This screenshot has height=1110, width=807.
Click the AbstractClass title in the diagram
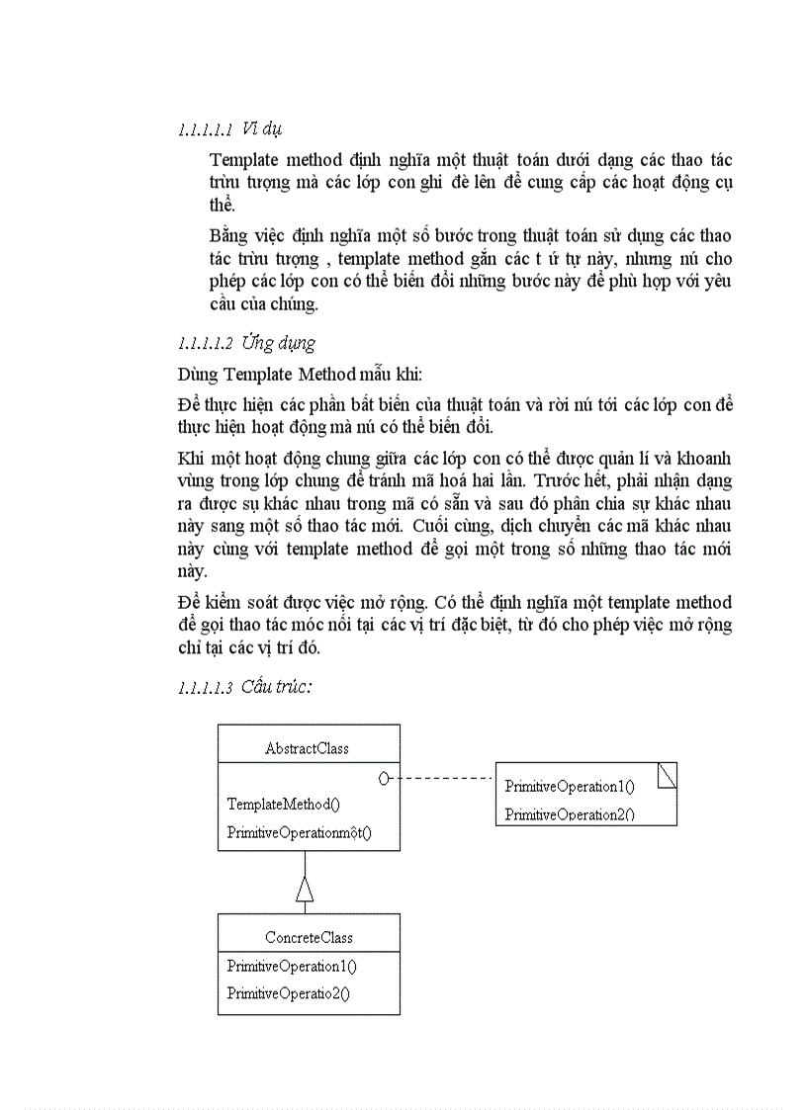pyautogui.click(x=307, y=748)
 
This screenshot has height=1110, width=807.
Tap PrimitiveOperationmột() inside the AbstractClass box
pyautogui.click(x=299, y=832)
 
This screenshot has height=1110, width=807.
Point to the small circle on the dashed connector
pyautogui.click(x=385, y=779)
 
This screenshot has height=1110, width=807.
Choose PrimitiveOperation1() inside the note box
pyautogui.click(x=570, y=787)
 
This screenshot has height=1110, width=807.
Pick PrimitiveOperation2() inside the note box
pyautogui.click(x=570, y=814)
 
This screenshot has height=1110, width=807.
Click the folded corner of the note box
pyautogui.click(x=668, y=776)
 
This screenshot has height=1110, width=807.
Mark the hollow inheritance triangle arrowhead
pyautogui.click(x=305, y=889)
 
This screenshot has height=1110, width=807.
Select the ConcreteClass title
pyautogui.click(x=309, y=937)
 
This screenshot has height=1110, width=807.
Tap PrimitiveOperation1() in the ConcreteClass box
pyautogui.click(x=292, y=966)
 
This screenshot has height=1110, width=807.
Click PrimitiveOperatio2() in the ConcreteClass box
pyautogui.click(x=288, y=993)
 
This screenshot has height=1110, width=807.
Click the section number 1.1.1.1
pyautogui.click(x=205, y=129)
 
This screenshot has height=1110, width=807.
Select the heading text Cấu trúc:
pyautogui.click(x=276, y=687)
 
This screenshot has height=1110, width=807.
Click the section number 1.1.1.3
pyautogui.click(x=205, y=688)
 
